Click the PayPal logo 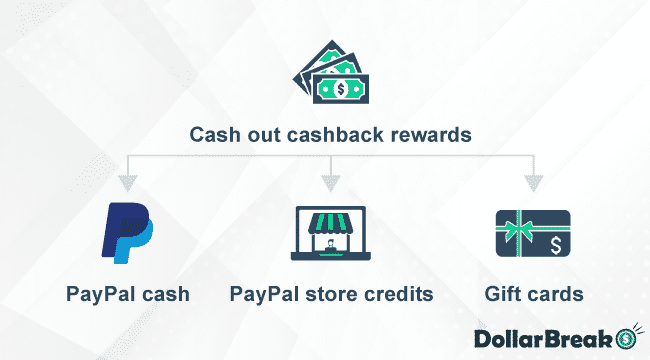pos(128,232)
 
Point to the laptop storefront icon pos(330,234)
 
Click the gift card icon pos(533,236)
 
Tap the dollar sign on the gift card pos(554,244)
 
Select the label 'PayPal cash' pos(128,295)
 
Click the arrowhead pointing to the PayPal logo pos(127,183)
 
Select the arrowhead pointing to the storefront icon pos(330,183)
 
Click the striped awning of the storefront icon pos(330,219)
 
